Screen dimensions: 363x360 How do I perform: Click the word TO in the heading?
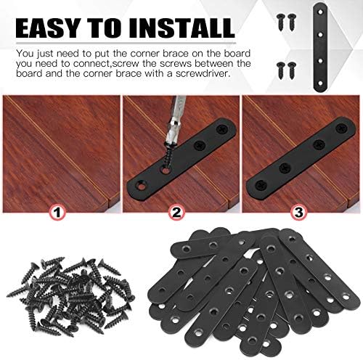pyautogui.click(x=104, y=28)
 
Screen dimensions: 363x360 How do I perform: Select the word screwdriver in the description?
pyautogui.click(x=202, y=73)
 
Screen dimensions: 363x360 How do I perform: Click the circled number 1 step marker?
pyautogui.click(x=57, y=213)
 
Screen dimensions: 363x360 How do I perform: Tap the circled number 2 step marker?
pyautogui.click(x=177, y=213)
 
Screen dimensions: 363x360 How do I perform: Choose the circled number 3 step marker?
pyautogui.click(x=299, y=213)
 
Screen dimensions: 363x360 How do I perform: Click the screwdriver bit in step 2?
pyautogui.click(x=177, y=121)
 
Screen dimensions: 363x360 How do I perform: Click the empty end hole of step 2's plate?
pyautogui.click(x=142, y=186)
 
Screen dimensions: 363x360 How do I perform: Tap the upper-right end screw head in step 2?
pyautogui.click(x=222, y=129)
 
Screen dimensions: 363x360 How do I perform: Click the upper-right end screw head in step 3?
pyautogui.click(x=341, y=128)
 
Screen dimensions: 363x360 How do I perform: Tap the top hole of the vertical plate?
pyautogui.click(x=320, y=12)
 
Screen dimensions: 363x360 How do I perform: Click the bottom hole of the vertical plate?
pyautogui.click(x=320, y=83)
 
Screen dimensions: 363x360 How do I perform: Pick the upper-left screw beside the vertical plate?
pyautogui.click(x=281, y=22)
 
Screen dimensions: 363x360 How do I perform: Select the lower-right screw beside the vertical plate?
pyautogui.click(x=292, y=70)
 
